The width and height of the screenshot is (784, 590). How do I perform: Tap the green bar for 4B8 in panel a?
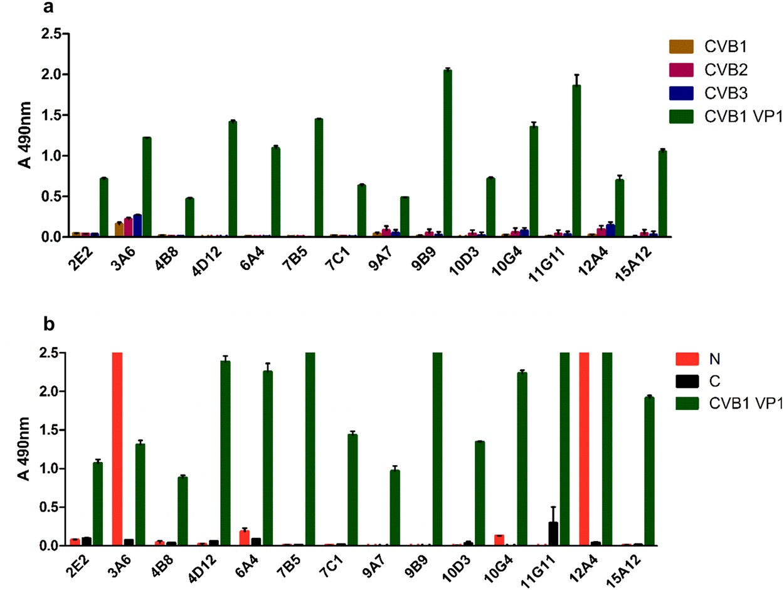tap(189, 217)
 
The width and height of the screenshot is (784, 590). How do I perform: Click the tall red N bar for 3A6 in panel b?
tap(117, 449)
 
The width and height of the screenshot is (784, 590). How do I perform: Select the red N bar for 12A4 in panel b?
tap(585, 449)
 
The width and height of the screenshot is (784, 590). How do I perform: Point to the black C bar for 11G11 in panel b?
tap(553, 534)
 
